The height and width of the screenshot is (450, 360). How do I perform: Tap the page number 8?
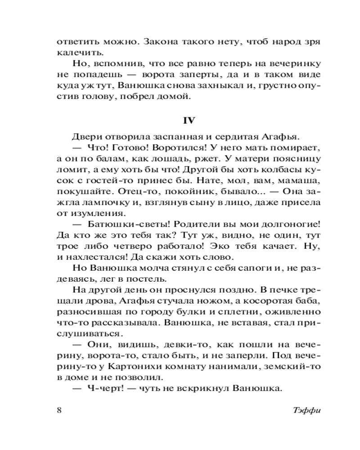[x=60, y=410]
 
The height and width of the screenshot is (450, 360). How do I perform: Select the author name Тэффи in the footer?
[x=304, y=410]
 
